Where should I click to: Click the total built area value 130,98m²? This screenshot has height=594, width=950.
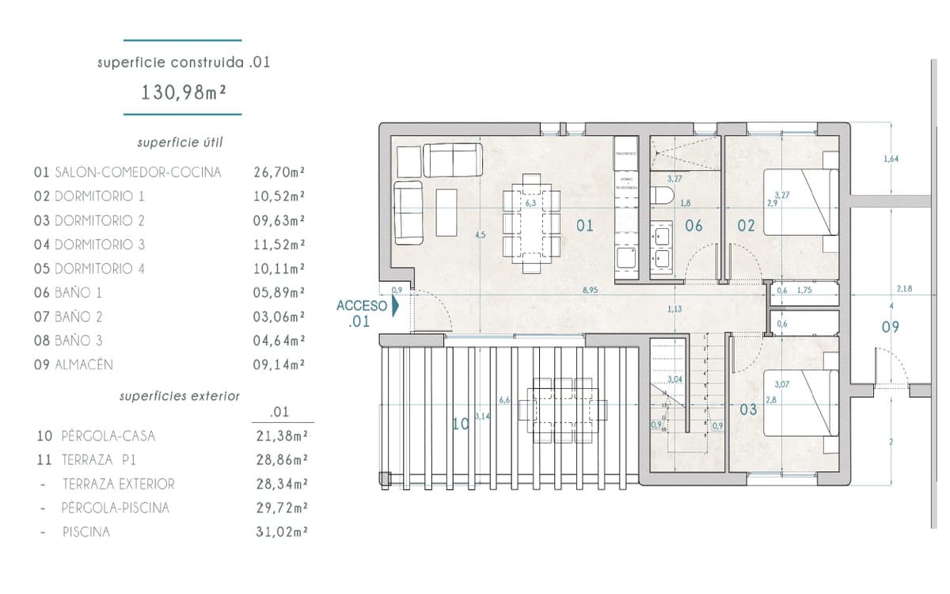tap(184, 92)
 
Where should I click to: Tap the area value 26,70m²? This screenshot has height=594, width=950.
tap(279, 172)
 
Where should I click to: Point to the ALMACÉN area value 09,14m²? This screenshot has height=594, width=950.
tap(279, 365)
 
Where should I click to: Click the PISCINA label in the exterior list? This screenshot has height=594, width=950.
tap(86, 532)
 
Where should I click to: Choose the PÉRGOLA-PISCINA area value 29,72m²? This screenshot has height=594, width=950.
tap(279, 508)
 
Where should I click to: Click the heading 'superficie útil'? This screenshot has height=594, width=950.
tap(180, 143)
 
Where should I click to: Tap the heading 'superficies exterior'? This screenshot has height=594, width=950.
tap(179, 395)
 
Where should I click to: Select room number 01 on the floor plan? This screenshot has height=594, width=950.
tap(584, 226)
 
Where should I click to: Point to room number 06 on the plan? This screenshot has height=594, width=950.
tap(693, 226)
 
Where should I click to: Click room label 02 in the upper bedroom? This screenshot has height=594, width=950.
tap(746, 226)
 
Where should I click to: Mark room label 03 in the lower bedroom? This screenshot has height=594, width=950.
tap(747, 409)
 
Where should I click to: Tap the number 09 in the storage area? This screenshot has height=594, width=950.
tap(891, 326)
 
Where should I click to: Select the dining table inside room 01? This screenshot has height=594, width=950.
tap(531, 225)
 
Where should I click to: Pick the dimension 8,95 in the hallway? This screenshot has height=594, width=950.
tap(590, 291)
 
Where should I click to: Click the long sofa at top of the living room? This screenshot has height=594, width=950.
tap(452, 160)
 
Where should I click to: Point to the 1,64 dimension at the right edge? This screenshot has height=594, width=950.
tap(891, 160)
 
